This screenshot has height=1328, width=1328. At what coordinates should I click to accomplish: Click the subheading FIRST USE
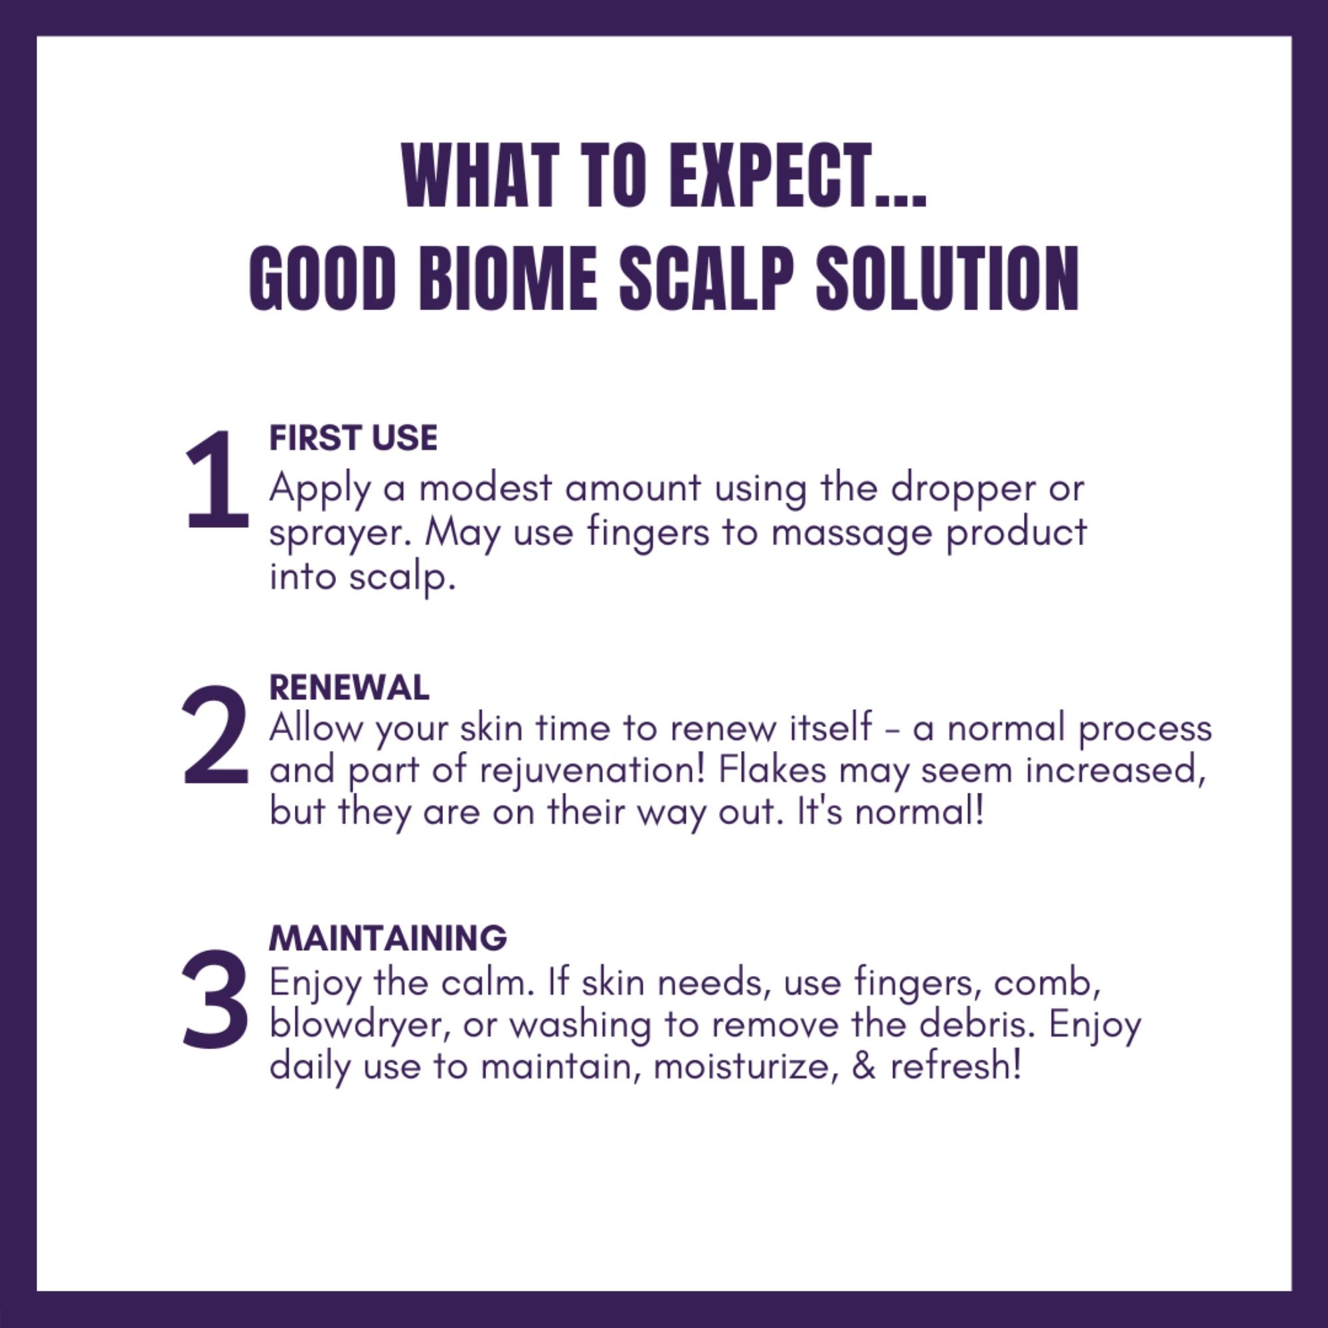(x=353, y=438)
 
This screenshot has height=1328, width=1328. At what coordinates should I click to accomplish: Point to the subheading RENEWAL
(x=349, y=687)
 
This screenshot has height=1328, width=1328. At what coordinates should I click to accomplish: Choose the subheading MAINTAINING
(x=388, y=938)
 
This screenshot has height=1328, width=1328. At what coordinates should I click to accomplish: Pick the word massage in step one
(x=851, y=534)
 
